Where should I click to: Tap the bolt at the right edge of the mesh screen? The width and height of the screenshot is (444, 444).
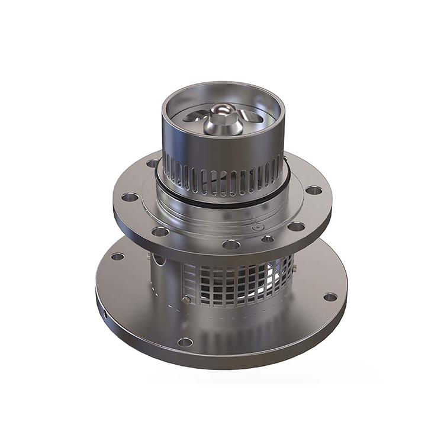[x=292, y=269]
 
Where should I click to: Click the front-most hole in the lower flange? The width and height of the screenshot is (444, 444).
[x=185, y=342]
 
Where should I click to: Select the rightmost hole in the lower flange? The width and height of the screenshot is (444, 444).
[x=330, y=297]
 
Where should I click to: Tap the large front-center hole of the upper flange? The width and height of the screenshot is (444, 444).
[x=231, y=244]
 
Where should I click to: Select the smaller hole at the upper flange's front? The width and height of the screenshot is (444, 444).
[x=268, y=239]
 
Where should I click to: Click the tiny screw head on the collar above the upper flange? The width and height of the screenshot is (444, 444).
[x=256, y=227]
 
